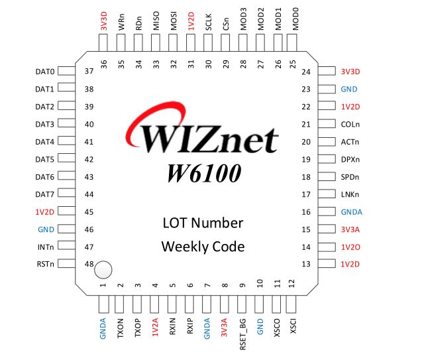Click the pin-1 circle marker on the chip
(103, 270)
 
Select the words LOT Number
(203, 223)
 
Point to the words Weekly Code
(203, 247)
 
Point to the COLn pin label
(350, 124)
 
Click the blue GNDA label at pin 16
(352, 212)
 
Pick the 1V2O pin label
(351, 247)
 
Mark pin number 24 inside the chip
(306, 72)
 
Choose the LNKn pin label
(350, 194)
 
